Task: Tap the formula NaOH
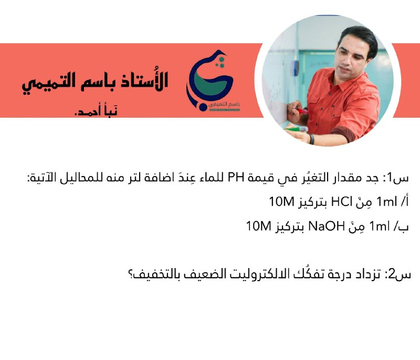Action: click(x=326, y=227)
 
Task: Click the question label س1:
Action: click(x=397, y=178)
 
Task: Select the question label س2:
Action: click(x=397, y=274)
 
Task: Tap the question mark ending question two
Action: click(x=132, y=274)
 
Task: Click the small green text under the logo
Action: click(x=224, y=105)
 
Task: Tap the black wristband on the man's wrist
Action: click(x=311, y=139)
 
